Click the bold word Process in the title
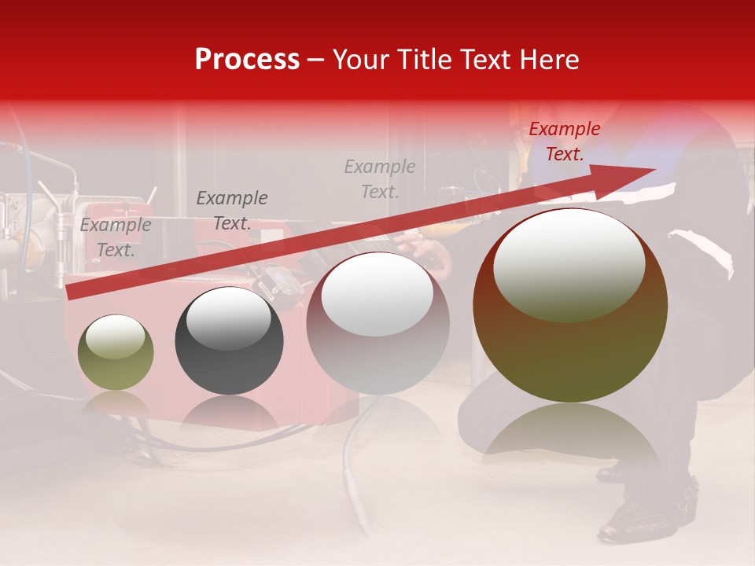(x=247, y=60)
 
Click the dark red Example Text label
(x=564, y=141)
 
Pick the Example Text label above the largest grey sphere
(x=380, y=178)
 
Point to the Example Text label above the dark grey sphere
(x=232, y=211)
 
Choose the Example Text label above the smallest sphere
(x=116, y=237)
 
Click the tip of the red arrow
(x=653, y=169)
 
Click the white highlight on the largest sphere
(x=569, y=263)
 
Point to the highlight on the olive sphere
(x=115, y=336)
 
